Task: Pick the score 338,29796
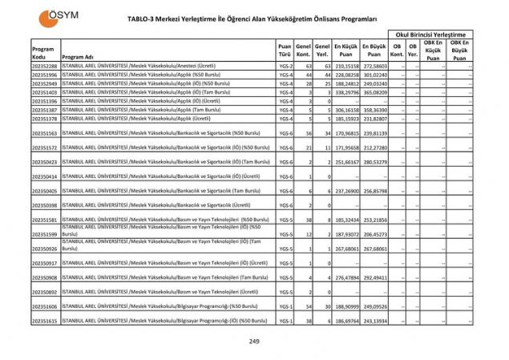pyautogui.click(x=346, y=91)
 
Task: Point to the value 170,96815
pyautogui.click(x=346, y=133)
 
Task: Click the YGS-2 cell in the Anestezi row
pyautogui.click(x=285, y=65)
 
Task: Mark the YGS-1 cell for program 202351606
pyautogui.click(x=285, y=306)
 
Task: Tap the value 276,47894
pyautogui.click(x=346, y=277)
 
